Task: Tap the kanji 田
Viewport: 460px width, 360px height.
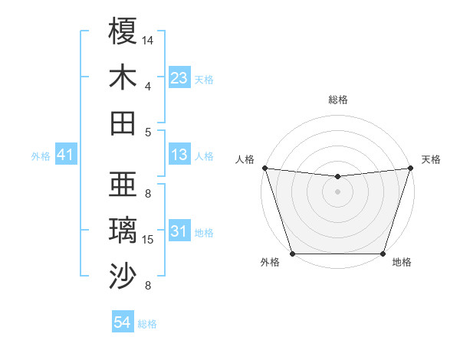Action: pos(123,123)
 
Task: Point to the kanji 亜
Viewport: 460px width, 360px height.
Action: pos(123,185)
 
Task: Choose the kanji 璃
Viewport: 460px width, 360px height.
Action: pos(123,231)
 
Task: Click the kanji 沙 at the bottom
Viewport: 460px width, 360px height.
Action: pos(123,277)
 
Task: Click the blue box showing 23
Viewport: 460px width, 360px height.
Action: pos(179,77)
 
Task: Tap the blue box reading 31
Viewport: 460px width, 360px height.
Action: pos(179,231)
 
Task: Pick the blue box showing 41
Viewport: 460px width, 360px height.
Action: pos(66,155)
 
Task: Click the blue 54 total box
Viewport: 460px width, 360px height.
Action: pos(123,322)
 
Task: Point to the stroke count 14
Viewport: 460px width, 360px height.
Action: pos(148,39)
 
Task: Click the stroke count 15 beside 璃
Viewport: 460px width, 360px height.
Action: pos(148,240)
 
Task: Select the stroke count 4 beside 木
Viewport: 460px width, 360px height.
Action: pos(147,86)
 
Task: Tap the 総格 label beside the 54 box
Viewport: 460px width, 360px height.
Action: pos(147,324)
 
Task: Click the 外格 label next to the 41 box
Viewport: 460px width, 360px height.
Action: pos(41,156)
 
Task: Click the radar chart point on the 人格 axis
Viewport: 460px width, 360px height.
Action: pos(264,168)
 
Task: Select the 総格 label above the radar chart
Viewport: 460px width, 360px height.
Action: pos(337,100)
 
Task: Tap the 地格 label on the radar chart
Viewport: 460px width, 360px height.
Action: pos(402,262)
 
